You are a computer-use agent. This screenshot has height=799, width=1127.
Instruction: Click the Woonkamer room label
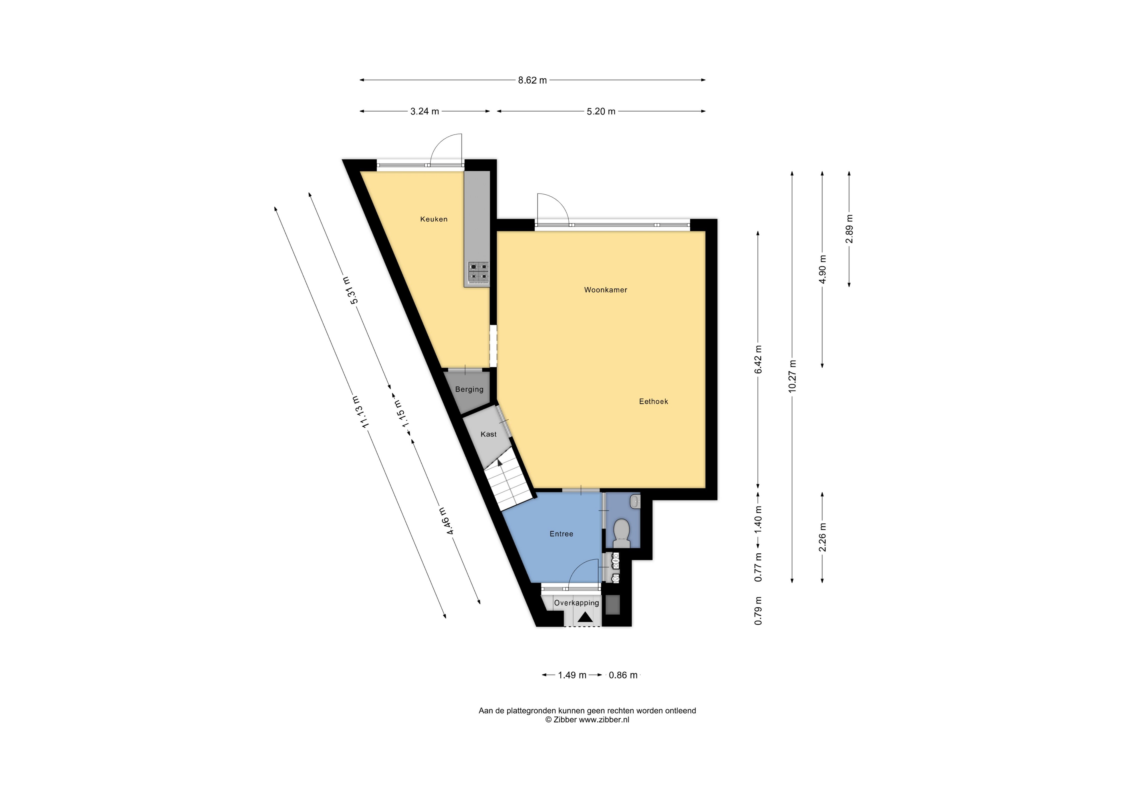point(605,290)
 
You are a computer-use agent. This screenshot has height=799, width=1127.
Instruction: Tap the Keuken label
point(434,219)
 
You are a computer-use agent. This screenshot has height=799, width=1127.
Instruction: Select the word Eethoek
point(653,401)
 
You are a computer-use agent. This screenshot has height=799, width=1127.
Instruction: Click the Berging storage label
point(469,389)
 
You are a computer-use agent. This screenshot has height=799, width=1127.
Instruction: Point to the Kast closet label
point(488,434)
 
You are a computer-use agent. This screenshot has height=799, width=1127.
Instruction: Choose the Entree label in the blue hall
point(561,534)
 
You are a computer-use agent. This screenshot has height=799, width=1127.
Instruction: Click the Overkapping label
point(576,603)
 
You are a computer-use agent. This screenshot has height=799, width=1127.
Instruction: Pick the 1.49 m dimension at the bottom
point(572,675)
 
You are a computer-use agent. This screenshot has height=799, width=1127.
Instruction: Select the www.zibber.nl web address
point(604,720)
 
